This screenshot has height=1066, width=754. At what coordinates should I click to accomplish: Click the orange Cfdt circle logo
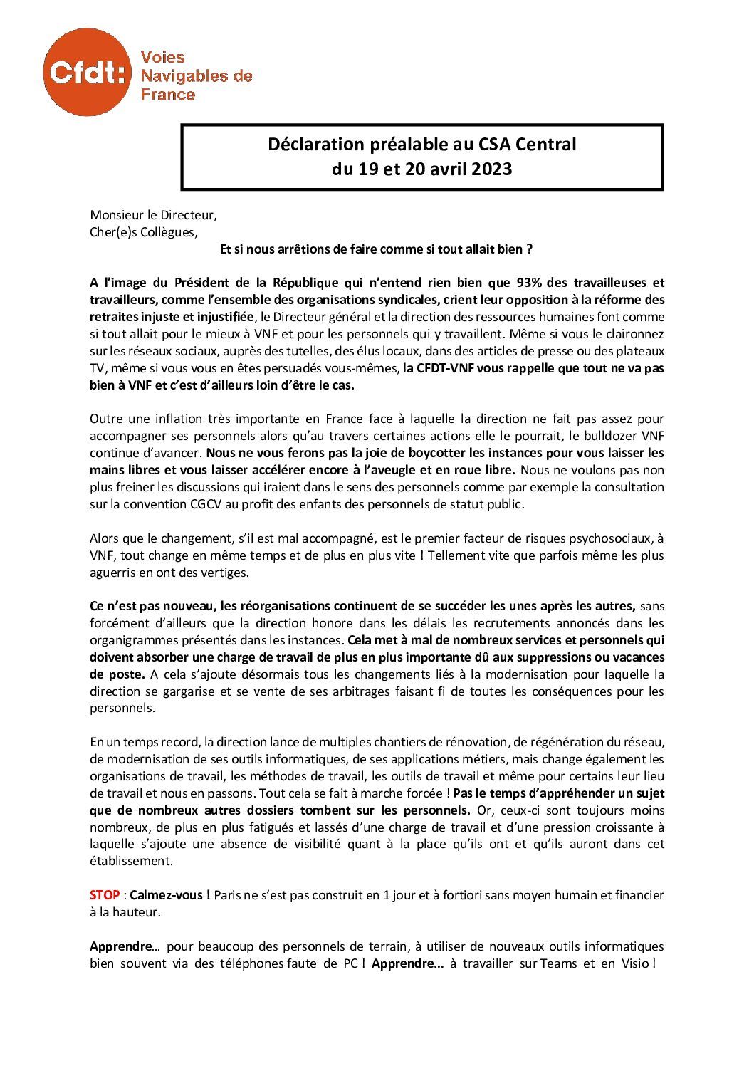pos(87,72)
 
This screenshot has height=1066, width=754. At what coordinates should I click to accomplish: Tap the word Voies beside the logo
pos(162,58)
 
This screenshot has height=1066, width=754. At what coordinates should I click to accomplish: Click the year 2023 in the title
pos(491,169)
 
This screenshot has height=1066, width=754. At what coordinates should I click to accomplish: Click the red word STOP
pos(105,895)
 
